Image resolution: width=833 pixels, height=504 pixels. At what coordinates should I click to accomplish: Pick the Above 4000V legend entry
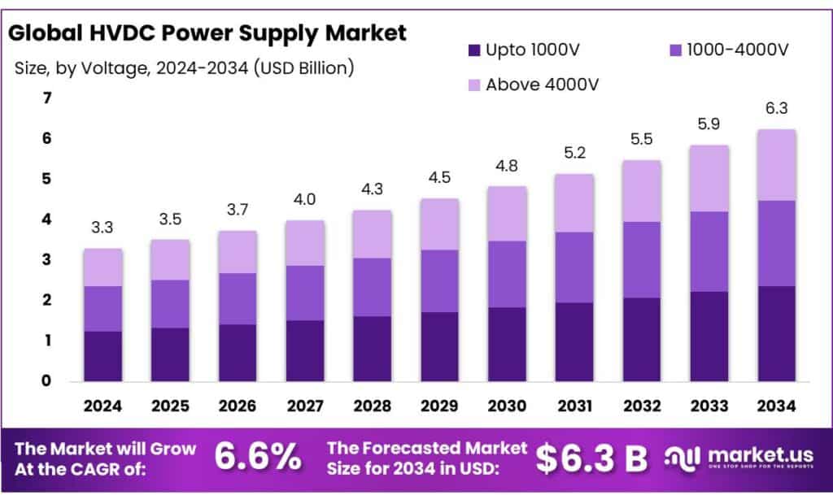[536, 85]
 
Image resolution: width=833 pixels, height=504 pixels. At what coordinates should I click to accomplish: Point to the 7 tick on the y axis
[46, 98]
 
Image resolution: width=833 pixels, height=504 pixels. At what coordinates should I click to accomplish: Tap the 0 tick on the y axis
[46, 380]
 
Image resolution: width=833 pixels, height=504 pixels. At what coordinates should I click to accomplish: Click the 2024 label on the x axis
[103, 405]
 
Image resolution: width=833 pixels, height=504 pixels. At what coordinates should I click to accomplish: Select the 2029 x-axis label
[439, 405]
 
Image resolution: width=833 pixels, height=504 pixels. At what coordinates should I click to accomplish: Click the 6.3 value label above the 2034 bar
[776, 108]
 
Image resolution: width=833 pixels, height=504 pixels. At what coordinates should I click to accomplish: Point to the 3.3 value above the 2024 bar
[103, 228]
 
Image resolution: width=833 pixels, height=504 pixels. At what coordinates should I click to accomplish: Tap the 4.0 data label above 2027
[305, 200]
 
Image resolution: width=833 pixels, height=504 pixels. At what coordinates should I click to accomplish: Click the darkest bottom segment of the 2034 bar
[776, 333]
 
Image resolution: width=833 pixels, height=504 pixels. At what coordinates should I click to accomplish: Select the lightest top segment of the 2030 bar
[507, 214]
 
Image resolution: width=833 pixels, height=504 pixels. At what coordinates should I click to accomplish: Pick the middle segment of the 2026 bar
[238, 298]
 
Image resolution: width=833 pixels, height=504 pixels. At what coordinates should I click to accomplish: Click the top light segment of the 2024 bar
[103, 267]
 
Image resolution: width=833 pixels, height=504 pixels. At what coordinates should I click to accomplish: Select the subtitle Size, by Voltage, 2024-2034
[184, 68]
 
